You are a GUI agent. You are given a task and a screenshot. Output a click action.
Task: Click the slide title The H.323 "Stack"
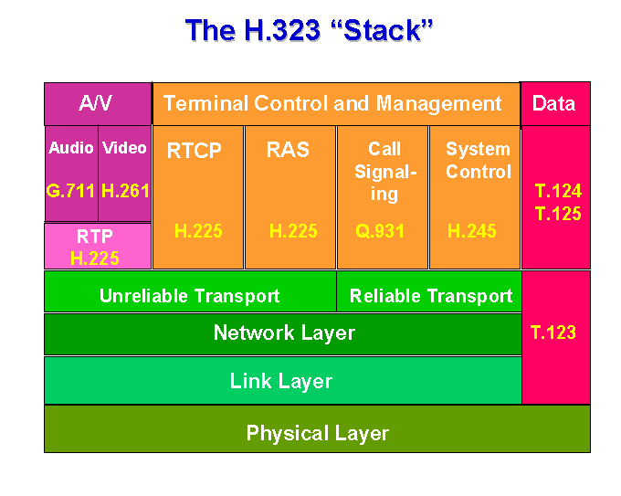tap(309, 30)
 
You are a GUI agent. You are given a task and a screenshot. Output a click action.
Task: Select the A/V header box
tap(98, 104)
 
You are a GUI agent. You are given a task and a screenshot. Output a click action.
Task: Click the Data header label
tap(553, 104)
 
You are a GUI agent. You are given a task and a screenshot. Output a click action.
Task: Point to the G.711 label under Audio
tap(70, 191)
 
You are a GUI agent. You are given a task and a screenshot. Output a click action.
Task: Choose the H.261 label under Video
tap(125, 191)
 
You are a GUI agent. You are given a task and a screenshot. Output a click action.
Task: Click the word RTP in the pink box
tap(95, 237)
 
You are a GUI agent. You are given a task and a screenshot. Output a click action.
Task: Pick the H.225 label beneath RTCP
tap(198, 231)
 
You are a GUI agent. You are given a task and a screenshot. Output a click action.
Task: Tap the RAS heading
tap(288, 150)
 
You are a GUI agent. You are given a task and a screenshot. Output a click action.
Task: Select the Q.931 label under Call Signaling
tap(380, 231)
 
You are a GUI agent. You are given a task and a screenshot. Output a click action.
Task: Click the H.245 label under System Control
tap(472, 231)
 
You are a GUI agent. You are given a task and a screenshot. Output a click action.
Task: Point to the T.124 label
tap(558, 191)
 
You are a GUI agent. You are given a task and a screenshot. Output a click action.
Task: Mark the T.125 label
tap(558, 214)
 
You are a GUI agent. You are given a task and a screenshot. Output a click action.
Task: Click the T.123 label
tap(553, 332)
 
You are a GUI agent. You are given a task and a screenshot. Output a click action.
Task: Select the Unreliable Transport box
tap(190, 291)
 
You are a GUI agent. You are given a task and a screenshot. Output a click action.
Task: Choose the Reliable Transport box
tap(429, 291)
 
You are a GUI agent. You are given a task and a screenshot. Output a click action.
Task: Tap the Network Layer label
tap(284, 332)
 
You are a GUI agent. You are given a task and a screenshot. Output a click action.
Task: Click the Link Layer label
tap(280, 381)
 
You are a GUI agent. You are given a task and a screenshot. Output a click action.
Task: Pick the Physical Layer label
tap(317, 433)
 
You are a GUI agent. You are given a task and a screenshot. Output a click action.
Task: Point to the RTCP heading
tap(194, 151)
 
